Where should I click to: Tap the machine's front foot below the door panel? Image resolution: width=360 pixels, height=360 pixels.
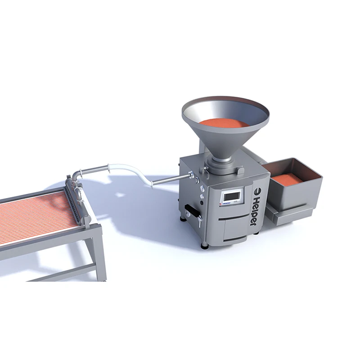click(205, 245)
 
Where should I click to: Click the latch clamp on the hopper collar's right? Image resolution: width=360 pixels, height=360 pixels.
click(241, 170)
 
